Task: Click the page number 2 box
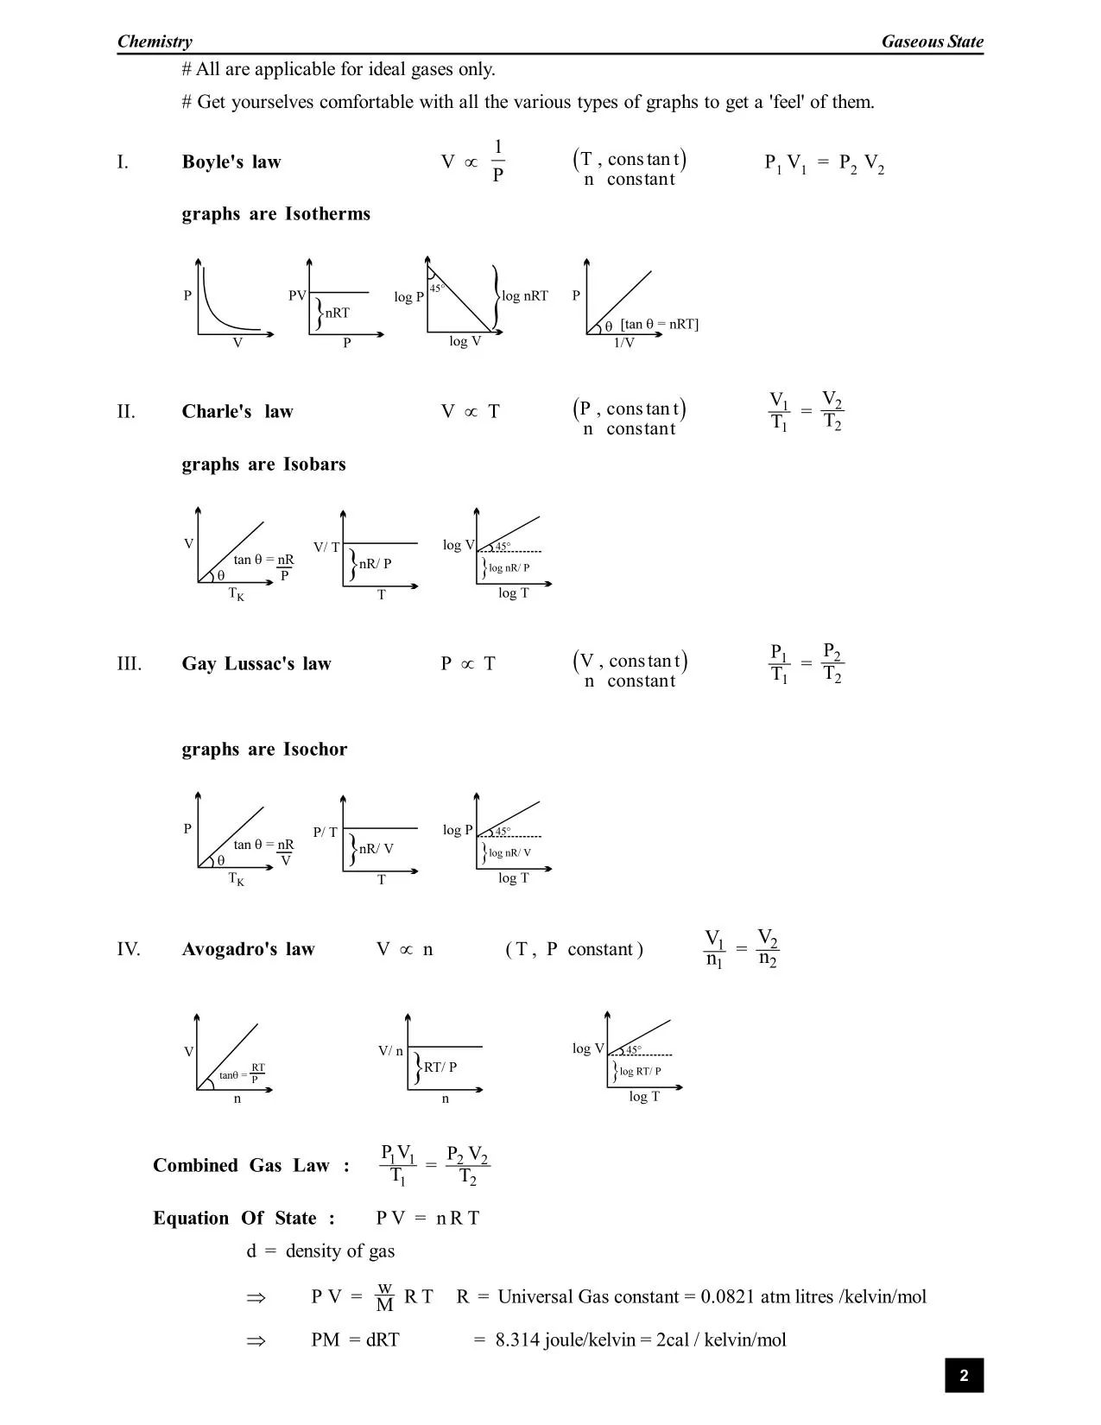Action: point(964,1376)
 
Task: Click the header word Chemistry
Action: point(155,41)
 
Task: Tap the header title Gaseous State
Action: point(932,41)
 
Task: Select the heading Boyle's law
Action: point(231,162)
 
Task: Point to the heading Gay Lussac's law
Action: point(256,664)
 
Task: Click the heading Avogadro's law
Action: point(248,949)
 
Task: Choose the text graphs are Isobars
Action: point(263,465)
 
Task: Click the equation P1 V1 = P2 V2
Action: point(824,163)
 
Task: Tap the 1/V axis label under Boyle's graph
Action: point(623,343)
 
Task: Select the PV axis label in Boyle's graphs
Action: point(297,295)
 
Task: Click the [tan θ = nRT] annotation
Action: point(659,325)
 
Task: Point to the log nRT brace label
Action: point(525,296)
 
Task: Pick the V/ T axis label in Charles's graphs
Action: point(326,548)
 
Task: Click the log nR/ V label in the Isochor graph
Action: point(509,853)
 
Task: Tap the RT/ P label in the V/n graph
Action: point(440,1067)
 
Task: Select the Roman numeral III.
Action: point(129,664)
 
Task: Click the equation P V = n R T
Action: point(427,1219)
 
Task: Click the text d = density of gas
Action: point(320,1251)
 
